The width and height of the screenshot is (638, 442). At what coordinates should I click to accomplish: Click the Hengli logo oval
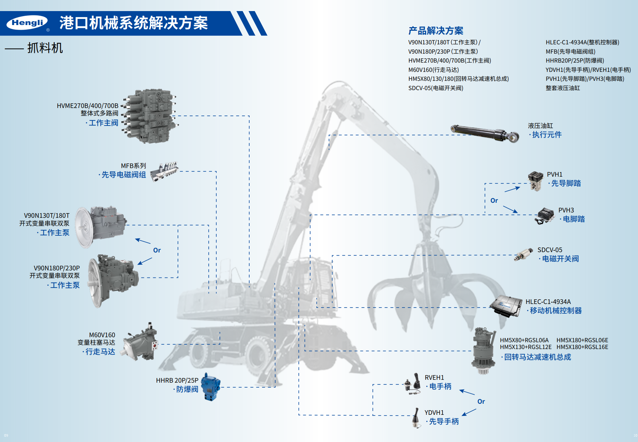[27, 23]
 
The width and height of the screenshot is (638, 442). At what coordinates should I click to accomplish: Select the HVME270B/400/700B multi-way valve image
[149, 116]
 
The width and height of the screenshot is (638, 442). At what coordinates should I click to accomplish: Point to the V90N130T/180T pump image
[101, 225]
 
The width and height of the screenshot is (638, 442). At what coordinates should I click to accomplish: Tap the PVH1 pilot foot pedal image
[536, 181]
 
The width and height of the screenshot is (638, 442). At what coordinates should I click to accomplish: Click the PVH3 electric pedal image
[545, 216]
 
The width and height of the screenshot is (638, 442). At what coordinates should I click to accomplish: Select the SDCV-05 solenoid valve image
[523, 255]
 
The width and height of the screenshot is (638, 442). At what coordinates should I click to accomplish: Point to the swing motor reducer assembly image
[484, 350]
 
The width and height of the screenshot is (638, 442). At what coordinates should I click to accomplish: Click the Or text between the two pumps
[157, 250]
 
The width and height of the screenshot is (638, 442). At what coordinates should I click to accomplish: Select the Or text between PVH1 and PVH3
[494, 201]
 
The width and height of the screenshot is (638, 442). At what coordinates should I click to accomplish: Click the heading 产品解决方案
[436, 31]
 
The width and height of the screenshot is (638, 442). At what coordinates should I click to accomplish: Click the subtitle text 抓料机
[45, 48]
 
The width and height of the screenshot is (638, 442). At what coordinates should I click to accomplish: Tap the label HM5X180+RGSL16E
[582, 347]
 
